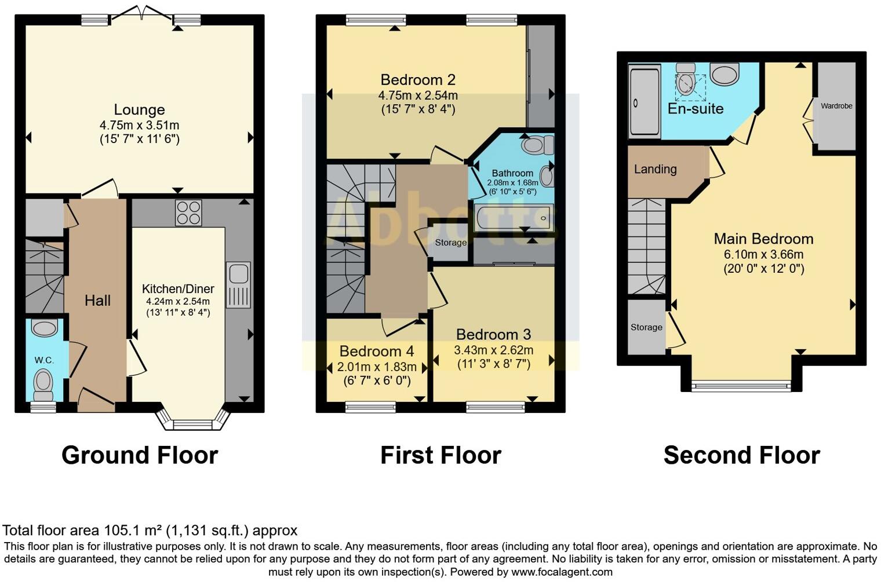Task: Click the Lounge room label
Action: tap(139, 109)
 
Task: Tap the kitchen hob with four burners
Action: tap(188, 213)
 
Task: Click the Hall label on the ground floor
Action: tap(97, 300)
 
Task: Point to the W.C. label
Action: tap(44, 360)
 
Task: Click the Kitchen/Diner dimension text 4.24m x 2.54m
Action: tap(178, 301)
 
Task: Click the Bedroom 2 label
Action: tap(417, 79)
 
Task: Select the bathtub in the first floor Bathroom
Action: tap(513, 218)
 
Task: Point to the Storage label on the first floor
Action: tap(450, 243)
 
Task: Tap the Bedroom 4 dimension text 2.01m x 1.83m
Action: tap(377, 367)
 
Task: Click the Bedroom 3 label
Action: tap(493, 334)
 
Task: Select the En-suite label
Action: tap(696, 108)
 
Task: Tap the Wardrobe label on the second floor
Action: tap(836, 106)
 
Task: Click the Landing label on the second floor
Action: tap(655, 169)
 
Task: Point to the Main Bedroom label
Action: tap(763, 239)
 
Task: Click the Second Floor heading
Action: tap(741, 455)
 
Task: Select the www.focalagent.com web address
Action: tap(562, 572)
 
